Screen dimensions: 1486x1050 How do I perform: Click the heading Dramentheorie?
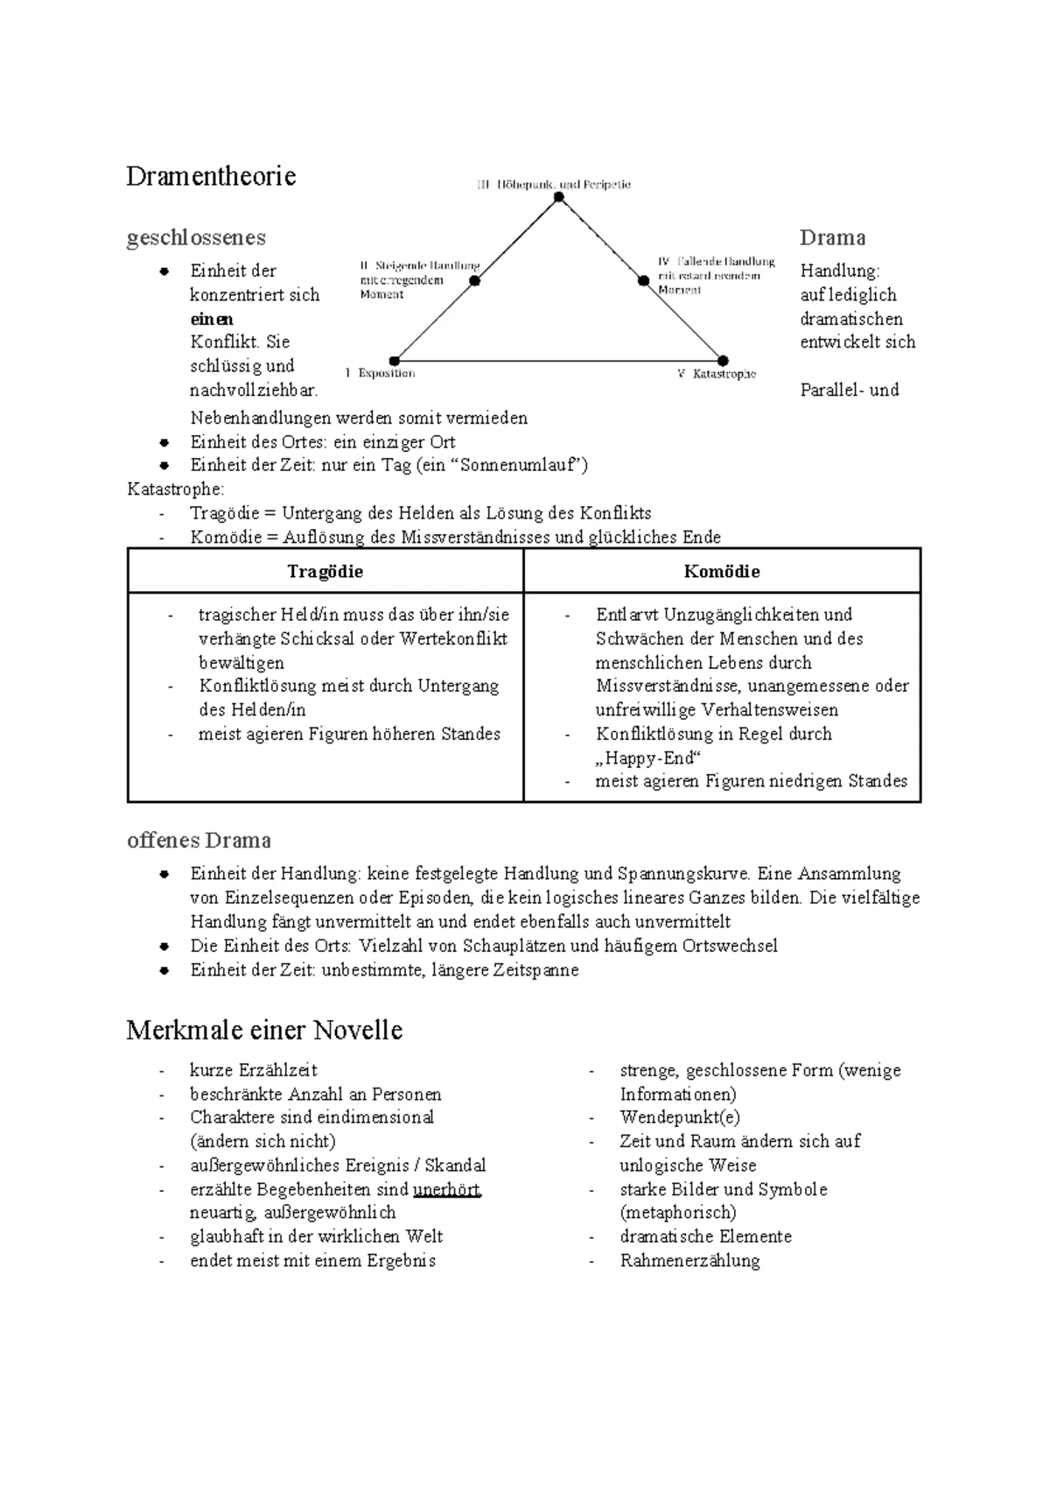pyautogui.click(x=211, y=176)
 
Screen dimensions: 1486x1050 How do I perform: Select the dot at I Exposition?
pyautogui.click(x=395, y=361)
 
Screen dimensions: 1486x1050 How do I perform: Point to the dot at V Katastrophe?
pyautogui.click(x=723, y=361)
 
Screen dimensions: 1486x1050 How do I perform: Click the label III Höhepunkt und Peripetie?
pyautogui.click(x=554, y=185)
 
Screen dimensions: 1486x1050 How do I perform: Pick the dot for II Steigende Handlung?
pyautogui.click(x=475, y=281)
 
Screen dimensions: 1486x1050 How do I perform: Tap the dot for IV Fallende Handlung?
pyautogui.click(x=643, y=280)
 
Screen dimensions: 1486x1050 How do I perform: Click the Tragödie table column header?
pyautogui.click(x=325, y=572)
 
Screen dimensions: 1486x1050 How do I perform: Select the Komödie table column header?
pyautogui.click(x=722, y=572)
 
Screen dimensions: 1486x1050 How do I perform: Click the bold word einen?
pyautogui.click(x=212, y=319)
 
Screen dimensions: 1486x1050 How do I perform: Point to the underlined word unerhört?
pyautogui.click(x=446, y=1189)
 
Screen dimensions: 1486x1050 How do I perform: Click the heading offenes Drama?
pyautogui.click(x=199, y=841)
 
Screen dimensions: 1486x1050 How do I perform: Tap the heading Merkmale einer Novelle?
pyautogui.click(x=264, y=1030)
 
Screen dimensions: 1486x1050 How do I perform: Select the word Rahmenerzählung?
pyautogui.click(x=689, y=1261)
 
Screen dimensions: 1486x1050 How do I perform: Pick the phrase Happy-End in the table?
pyautogui.click(x=649, y=757)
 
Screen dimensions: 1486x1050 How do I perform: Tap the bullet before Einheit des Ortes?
pyautogui.click(x=164, y=442)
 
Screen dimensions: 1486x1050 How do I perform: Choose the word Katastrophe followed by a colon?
pyautogui.click(x=175, y=489)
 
